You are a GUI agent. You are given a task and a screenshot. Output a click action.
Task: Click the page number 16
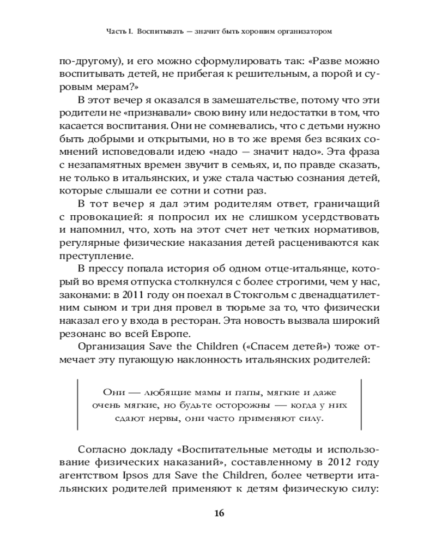[x=219, y=513]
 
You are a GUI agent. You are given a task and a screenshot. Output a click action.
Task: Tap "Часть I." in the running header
[x=119, y=32]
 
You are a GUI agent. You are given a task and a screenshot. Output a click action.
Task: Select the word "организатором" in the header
[x=300, y=32]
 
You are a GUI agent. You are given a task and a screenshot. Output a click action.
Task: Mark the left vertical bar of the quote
[x=78, y=405]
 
